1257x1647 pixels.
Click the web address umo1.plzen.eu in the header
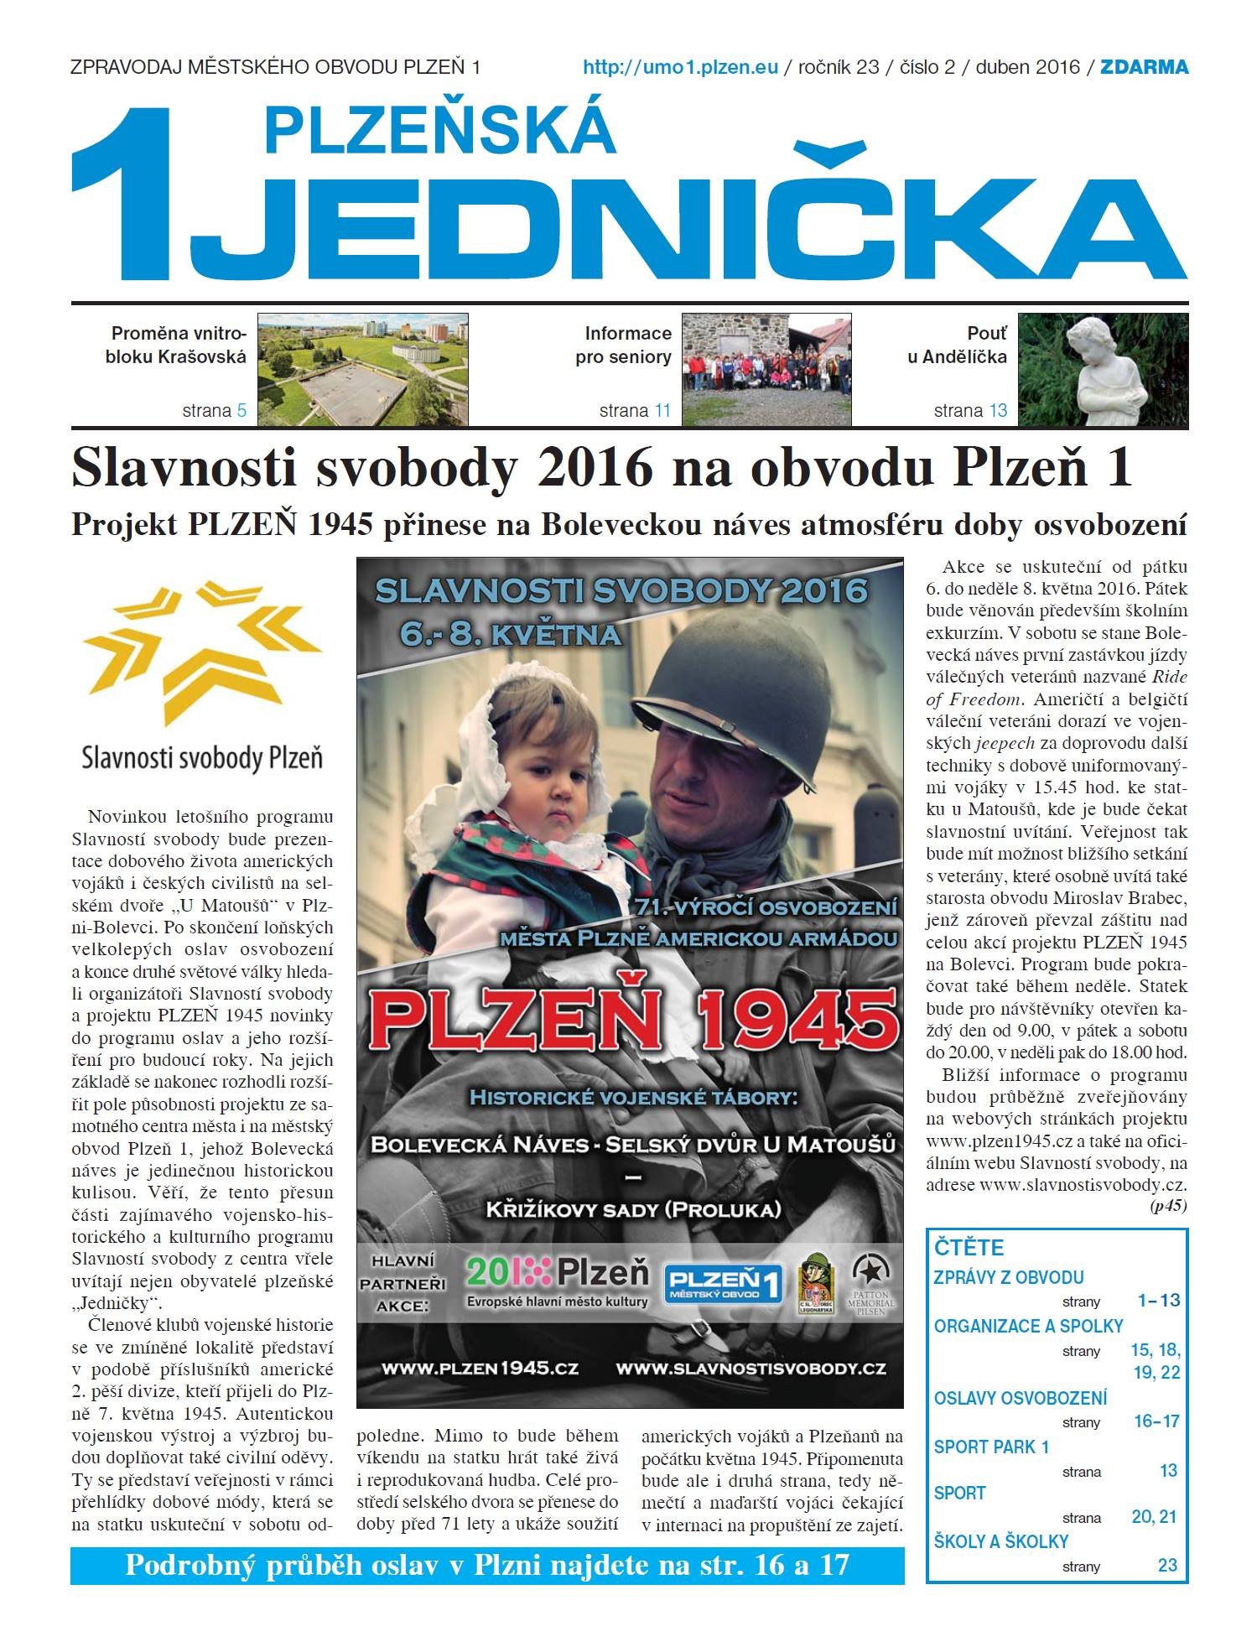pyautogui.click(x=680, y=67)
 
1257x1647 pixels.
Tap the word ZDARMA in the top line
pyautogui.click(x=1144, y=67)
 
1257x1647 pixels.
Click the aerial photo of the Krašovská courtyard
pyautogui.click(x=362, y=370)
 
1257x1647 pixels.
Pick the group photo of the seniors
pyautogui.click(x=766, y=370)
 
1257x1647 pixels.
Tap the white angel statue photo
pyautogui.click(x=1103, y=370)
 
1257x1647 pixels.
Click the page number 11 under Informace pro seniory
pyautogui.click(x=662, y=411)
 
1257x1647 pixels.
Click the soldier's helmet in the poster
pyautogui.click(x=721, y=679)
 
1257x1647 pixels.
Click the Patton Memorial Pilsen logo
pyautogui.click(x=871, y=1284)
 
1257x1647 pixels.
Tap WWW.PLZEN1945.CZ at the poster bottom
pyautogui.click(x=480, y=1368)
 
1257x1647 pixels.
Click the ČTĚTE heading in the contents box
pyautogui.click(x=969, y=1247)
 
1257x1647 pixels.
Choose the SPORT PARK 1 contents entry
pyautogui.click(x=991, y=1447)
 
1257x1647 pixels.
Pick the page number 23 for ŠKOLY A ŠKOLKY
pyautogui.click(x=1167, y=1565)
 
